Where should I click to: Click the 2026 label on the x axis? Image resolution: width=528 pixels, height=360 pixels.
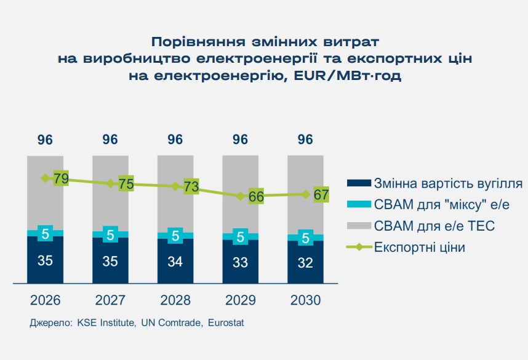(45, 301)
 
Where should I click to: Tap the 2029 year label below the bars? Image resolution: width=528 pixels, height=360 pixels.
(240, 301)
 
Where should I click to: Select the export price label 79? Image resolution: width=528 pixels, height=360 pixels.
(61, 179)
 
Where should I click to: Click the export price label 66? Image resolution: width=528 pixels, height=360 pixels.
(256, 198)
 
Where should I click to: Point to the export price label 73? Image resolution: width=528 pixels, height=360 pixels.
(191, 187)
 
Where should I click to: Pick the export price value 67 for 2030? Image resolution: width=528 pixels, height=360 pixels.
(321, 195)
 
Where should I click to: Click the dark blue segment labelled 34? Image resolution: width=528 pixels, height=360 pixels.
(175, 261)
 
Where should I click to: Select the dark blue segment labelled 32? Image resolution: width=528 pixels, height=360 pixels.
(305, 263)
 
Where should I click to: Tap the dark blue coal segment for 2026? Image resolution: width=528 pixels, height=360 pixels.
(45, 260)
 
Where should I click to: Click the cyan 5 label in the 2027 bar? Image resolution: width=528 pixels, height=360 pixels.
(110, 234)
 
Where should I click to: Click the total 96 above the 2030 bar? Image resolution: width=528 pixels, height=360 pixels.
(305, 140)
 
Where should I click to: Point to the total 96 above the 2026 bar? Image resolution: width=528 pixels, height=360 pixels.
(45, 140)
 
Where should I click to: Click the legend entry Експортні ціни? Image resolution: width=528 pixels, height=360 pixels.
(418, 247)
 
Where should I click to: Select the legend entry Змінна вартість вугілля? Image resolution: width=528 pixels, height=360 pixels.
(448, 183)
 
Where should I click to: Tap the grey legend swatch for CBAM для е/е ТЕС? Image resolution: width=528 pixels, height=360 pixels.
(359, 226)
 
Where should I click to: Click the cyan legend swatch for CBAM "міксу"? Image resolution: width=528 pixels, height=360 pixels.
(359, 205)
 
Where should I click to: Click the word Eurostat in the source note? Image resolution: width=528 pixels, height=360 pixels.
(226, 322)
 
